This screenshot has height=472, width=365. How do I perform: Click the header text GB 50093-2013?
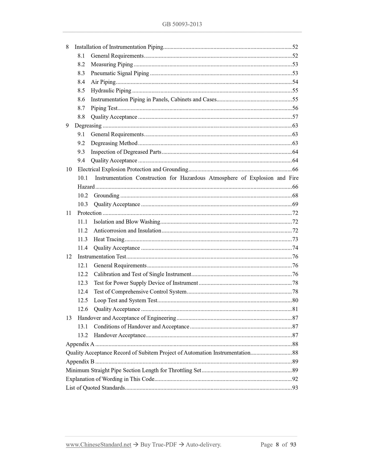pyautogui.click(x=182, y=24)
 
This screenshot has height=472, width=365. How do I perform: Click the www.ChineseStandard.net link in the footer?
pyautogui.click(x=99, y=444)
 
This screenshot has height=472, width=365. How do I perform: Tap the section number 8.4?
pyautogui.click(x=81, y=82)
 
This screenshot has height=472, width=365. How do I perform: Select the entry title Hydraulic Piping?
pyautogui.click(x=111, y=91)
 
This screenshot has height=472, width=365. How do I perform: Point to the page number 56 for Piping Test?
pyautogui.click(x=295, y=108)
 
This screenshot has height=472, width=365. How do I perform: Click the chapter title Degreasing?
pyautogui.click(x=88, y=125)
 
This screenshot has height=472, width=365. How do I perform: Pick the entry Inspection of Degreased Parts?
pyautogui.click(x=126, y=152)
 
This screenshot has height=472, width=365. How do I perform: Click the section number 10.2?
pyautogui.click(x=83, y=195)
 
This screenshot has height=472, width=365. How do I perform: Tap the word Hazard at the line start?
pyautogui.click(x=86, y=187)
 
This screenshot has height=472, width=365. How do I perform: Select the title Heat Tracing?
pyautogui.click(x=109, y=239)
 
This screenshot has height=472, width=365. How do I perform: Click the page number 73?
pyautogui.click(x=295, y=239)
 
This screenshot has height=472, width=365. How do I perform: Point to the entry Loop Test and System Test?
pyautogui.click(x=126, y=300)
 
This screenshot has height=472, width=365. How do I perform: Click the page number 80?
pyautogui.click(x=295, y=300)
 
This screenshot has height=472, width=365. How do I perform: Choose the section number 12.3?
pyautogui.click(x=83, y=283)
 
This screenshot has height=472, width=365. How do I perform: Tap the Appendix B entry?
pyautogui.click(x=80, y=361)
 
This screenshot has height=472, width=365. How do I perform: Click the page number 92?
pyautogui.click(x=295, y=379)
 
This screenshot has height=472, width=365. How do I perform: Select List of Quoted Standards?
pyautogui.click(x=95, y=388)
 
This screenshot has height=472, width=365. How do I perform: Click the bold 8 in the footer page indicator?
pyautogui.click(x=277, y=444)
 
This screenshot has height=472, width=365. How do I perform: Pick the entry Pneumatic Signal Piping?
pyautogui.click(x=120, y=73)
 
